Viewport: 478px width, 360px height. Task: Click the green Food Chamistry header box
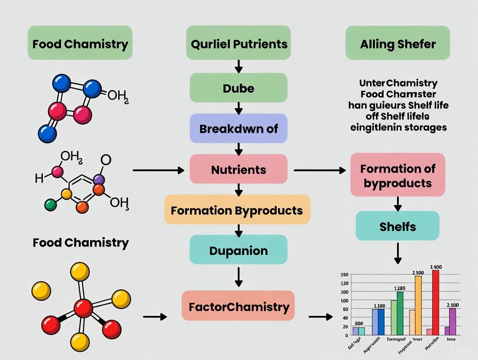click(x=80, y=43)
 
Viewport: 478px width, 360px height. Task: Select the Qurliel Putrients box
click(x=239, y=43)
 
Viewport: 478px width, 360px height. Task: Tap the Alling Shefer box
click(x=397, y=43)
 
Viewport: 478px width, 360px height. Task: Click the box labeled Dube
click(x=239, y=88)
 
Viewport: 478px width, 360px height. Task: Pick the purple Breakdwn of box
click(x=239, y=129)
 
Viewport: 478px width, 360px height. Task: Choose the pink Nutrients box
click(x=239, y=169)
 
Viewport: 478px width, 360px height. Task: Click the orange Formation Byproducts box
click(x=237, y=210)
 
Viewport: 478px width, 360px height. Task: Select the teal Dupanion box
click(x=239, y=250)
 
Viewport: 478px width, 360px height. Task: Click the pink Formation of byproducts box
click(x=397, y=175)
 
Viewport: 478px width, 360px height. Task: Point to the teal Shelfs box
click(x=397, y=226)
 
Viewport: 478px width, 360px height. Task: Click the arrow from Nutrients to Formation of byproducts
click(x=320, y=170)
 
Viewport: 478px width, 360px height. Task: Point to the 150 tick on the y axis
click(x=345, y=275)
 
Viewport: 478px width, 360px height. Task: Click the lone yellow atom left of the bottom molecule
click(x=41, y=290)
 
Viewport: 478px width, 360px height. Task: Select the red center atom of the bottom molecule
click(x=83, y=308)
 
